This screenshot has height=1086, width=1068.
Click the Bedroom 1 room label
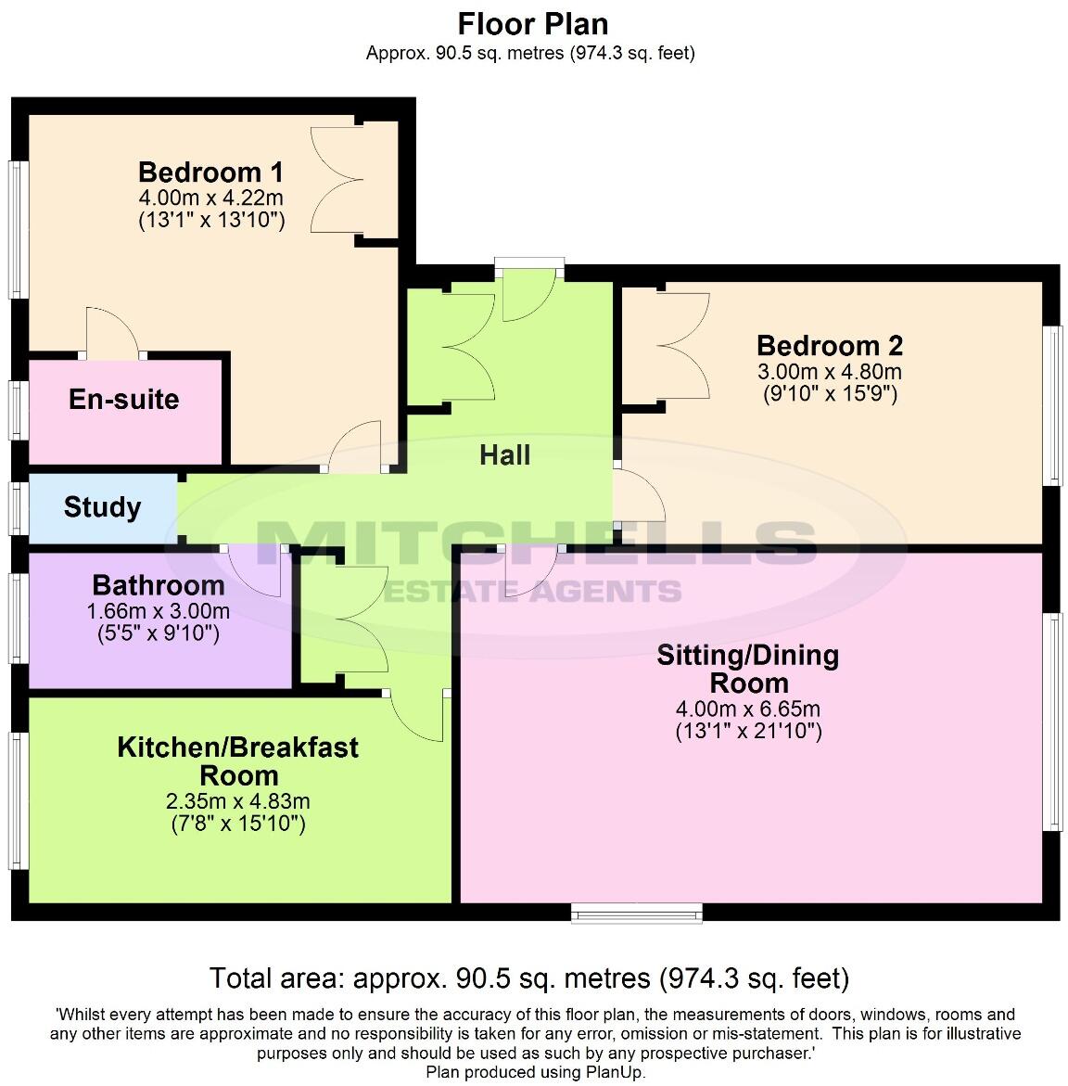click(210, 172)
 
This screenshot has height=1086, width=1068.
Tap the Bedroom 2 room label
click(830, 346)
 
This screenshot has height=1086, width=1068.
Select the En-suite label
click(124, 400)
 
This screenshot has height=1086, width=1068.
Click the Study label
click(102, 507)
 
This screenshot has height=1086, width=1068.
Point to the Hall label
click(505, 455)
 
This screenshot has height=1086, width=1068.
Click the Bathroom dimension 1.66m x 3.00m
click(158, 612)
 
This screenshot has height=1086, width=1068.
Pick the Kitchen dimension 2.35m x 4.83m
click(238, 801)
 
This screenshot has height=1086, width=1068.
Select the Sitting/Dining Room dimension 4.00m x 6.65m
click(748, 709)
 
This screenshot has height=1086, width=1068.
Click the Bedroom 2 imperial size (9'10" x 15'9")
click(830, 394)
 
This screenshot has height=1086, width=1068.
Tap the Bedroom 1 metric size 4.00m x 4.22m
click(210, 198)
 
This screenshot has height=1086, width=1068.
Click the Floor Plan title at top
click(533, 23)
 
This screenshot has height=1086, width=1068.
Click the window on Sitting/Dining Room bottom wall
click(637, 915)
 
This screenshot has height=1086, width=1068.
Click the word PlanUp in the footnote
click(617, 1072)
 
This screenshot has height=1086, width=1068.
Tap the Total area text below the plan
click(528, 978)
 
